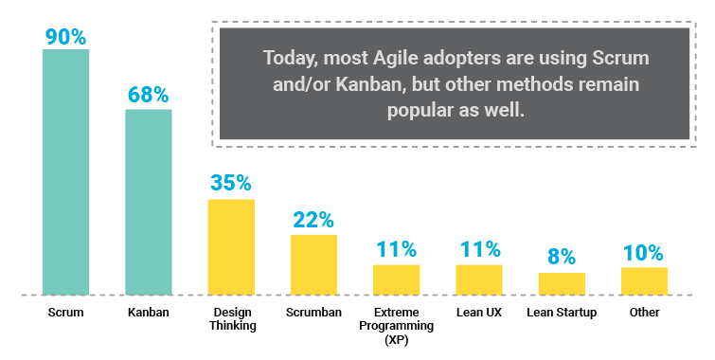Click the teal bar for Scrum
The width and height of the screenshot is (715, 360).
pos(65,171)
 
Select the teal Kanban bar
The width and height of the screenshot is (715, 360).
pos(149,202)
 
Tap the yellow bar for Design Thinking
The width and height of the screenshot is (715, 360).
pos(231,246)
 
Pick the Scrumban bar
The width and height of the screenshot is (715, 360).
pos(313,264)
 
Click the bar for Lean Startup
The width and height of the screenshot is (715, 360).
pos(562,283)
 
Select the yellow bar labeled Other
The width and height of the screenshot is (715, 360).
pos(644,280)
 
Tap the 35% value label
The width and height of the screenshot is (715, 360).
pos(231,183)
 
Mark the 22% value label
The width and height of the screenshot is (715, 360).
pos(313,220)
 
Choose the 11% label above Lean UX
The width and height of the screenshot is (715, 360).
pos(478,250)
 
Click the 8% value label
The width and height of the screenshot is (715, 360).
pos(562,258)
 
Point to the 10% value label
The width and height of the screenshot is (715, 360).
pos(644,253)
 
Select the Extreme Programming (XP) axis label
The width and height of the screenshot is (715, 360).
pos(396,324)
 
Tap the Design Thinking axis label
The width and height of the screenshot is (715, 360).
pos(231,319)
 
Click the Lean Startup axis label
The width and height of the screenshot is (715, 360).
pos(562,313)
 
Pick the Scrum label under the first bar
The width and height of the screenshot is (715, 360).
pos(65,313)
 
